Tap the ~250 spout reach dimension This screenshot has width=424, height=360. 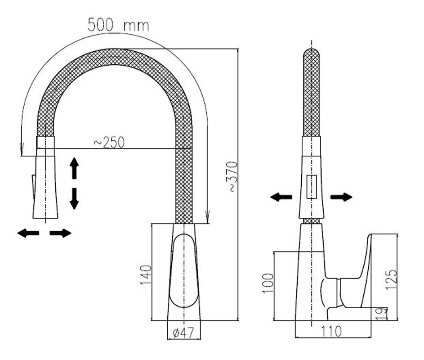click(109, 142)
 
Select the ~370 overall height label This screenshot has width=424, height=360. click(232, 177)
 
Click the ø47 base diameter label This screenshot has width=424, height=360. click(183, 333)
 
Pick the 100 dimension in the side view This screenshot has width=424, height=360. click(268, 283)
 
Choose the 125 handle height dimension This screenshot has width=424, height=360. click(391, 279)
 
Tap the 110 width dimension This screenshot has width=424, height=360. click(331, 331)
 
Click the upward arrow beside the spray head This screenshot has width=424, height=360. click(74, 168)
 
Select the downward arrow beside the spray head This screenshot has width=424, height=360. click(74, 199)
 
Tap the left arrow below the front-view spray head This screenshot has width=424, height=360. click(28, 233)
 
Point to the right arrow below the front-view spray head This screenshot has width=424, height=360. click(60, 233)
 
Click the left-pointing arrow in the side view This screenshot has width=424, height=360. click(281, 197)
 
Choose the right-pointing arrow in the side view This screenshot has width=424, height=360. click(341, 197)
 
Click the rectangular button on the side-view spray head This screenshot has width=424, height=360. click(312, 187)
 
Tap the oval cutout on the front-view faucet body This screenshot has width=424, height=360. click(183, 271)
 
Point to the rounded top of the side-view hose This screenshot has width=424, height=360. click(312, 53)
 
